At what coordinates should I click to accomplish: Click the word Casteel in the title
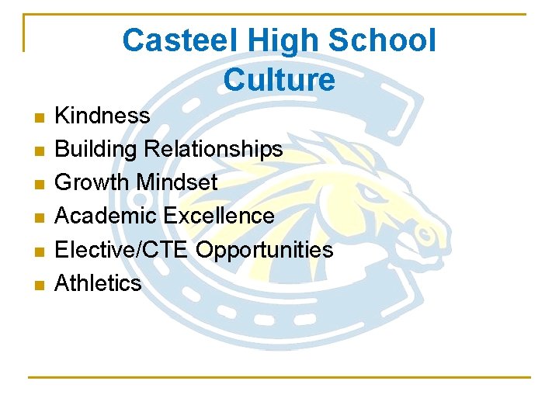179,40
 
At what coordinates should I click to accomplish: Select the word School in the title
382,40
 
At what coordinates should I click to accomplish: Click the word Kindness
102,115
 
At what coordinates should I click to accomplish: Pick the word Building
95,149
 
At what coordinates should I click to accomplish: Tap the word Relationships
214,149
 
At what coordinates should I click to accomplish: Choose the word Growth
92,182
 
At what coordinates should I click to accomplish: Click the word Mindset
177,182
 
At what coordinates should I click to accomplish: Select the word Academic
106,215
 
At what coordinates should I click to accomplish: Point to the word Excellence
219,215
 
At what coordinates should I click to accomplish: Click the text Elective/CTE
121,249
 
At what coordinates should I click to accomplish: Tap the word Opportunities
264,250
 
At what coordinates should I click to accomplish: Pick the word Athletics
98,282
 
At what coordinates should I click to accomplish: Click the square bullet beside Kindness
40,118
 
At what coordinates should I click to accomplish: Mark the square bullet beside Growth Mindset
40,185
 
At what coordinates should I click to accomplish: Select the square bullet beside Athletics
40,285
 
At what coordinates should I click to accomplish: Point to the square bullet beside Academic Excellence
40,218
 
